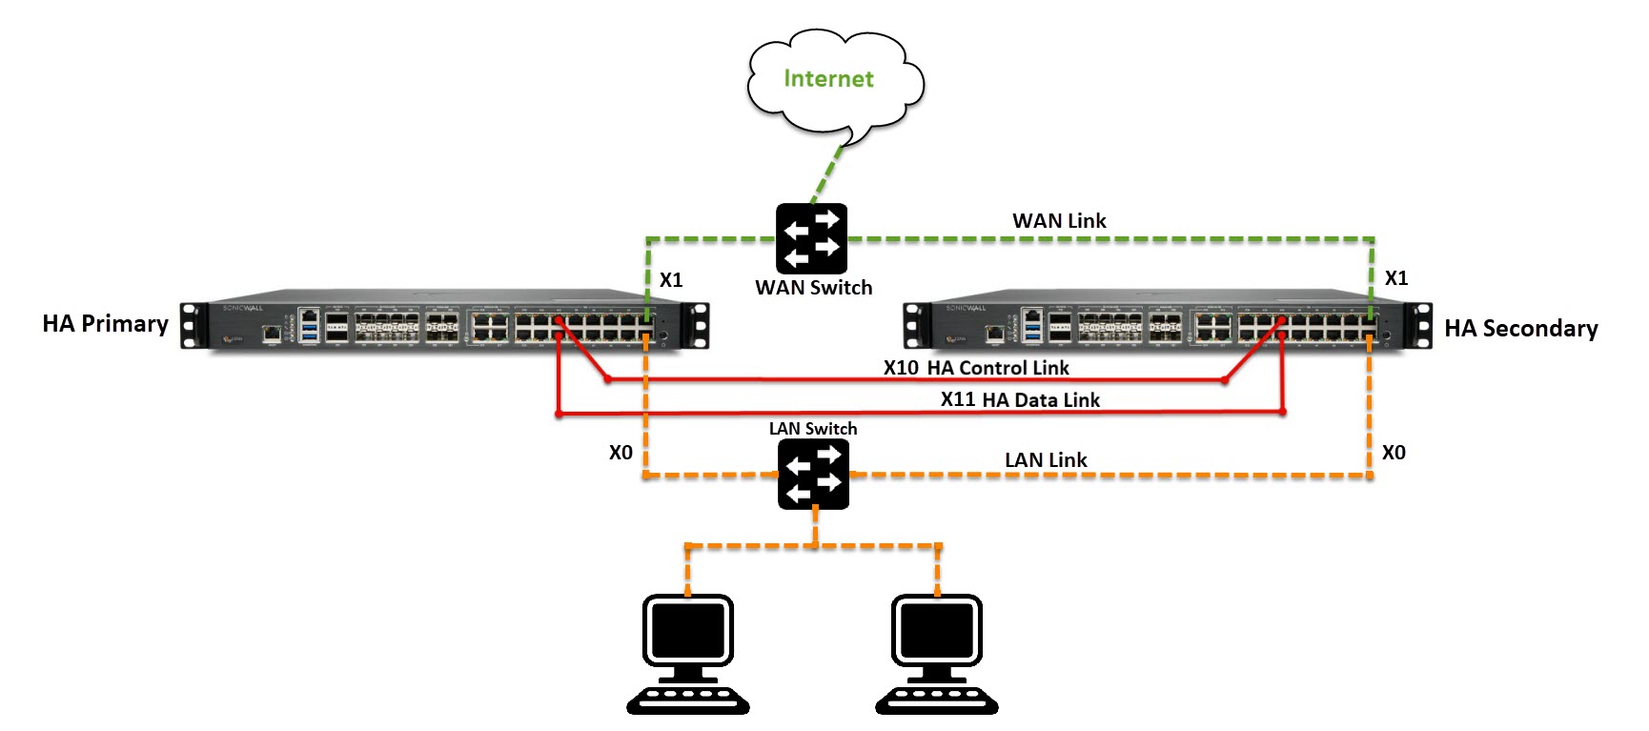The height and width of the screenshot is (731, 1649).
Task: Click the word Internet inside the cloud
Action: coord(828,79)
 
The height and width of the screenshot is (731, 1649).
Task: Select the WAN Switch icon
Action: coord(811,238)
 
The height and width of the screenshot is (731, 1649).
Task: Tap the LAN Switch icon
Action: coord(813,474)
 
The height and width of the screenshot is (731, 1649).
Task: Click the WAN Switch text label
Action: coord(813,288)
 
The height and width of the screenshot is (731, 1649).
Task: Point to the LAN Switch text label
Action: coord(813,429)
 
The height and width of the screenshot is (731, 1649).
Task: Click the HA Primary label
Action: coord(105,324)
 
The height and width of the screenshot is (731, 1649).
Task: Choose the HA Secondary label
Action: coord(1520,329)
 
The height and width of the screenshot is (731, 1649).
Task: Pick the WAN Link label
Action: coord(1059,221)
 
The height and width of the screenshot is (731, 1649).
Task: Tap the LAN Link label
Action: coord(1046,460)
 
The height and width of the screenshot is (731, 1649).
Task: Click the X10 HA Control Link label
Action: coord(976,368)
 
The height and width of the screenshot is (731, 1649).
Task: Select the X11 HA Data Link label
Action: coord(1020,400)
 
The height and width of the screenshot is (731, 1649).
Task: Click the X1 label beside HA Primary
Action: coord(671,280)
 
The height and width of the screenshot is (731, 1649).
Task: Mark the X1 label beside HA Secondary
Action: coord(1396,278)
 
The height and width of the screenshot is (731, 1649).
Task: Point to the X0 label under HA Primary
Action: coord(621,453)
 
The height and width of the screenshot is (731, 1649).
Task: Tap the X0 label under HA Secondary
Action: coord(1394,453)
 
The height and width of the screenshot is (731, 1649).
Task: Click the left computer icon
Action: coord(688,653)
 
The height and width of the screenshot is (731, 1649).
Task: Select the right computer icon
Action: coord(936,653)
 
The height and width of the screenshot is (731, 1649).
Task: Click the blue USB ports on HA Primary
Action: coord(309,331)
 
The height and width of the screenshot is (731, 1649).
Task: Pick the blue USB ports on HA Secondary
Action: coord(1032,331)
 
